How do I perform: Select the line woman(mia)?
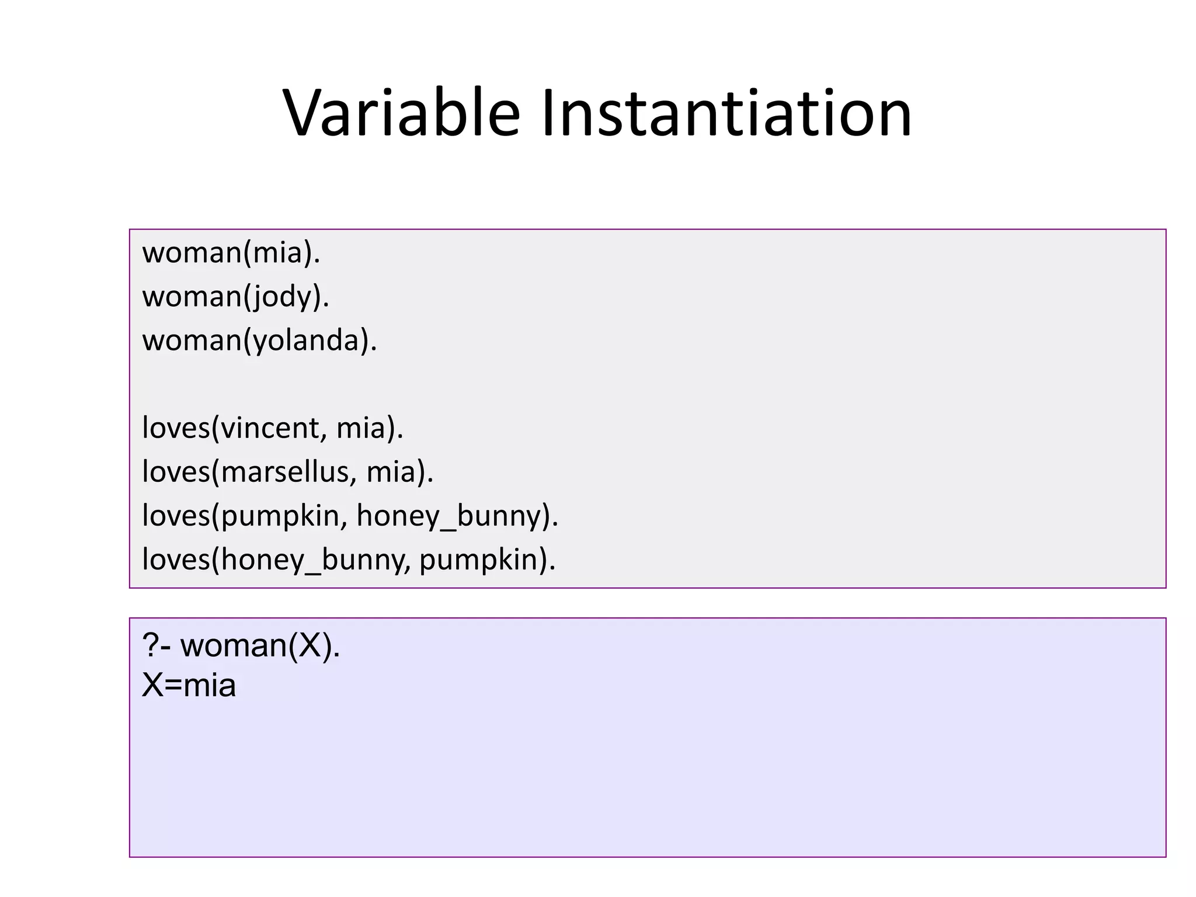(x=231, y=253)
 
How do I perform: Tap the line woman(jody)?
(x=235, y=297)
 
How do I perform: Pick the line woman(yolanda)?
(x=259, y=340)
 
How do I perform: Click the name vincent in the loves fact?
(x=270, y=428)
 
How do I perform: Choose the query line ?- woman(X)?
(x=241, y=646)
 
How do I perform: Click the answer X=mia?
(x=189, y=686)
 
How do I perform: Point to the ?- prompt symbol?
(x=156, y=646)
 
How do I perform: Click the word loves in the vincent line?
(x=176, y=428)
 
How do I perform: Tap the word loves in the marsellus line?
(x=176, y=472)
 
